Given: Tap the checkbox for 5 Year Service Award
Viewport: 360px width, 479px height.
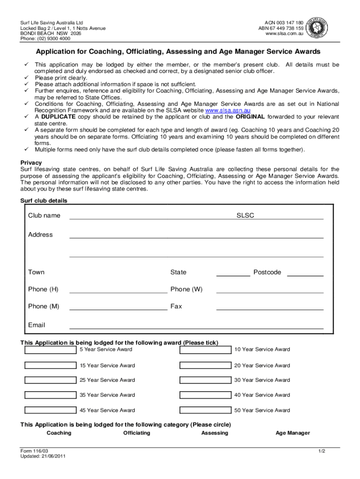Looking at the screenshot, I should click(50, 350).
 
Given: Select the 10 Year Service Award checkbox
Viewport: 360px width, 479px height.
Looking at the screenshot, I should click(206, 350).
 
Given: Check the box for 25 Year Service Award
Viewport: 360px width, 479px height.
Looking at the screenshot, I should click(50, 380).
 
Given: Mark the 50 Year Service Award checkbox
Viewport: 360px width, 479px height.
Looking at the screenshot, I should click(206, 411).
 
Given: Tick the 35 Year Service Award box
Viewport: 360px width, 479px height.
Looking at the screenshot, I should click(50, 395).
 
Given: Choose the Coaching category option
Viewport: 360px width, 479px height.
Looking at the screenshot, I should click(59, 433).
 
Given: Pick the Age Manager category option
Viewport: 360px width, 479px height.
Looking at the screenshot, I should click(293, 433).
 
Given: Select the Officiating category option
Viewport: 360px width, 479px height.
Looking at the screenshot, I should click(137, 433).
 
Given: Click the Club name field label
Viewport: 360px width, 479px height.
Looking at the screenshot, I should click(44, 216).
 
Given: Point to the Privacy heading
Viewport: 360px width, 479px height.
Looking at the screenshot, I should click(31, 163).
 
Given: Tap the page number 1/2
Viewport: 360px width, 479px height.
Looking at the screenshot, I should click(321, 451).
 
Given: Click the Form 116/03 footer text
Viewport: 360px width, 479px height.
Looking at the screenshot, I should click(34, 451).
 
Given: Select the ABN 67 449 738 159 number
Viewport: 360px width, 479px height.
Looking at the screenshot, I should click(281, 28).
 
